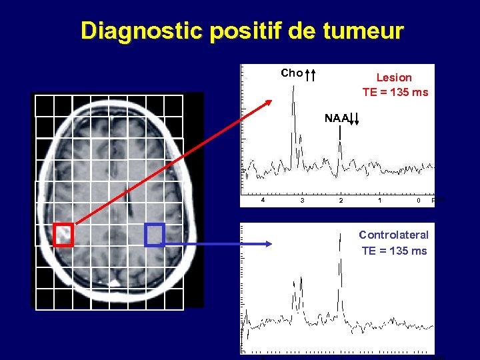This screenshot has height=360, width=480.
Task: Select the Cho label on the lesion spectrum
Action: point(291,73)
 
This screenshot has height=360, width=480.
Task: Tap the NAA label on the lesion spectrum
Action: point(336,118)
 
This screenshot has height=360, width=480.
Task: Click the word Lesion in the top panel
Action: point(394,77)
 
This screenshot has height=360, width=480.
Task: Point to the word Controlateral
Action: point(393,235)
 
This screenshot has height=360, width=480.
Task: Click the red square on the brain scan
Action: point(63,235)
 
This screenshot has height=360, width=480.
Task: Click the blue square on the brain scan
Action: point(155,235)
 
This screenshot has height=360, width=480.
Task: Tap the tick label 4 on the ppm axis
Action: point(263,199)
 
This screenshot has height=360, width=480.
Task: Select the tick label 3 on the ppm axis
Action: point(303,200)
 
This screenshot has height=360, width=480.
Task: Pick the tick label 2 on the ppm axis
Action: point(341,200)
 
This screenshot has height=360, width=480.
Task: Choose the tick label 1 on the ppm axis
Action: point(379,200)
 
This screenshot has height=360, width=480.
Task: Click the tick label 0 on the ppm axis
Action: point(418,200)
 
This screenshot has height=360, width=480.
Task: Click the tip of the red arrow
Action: point(271,101)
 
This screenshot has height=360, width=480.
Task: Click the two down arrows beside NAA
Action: point(355,119)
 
